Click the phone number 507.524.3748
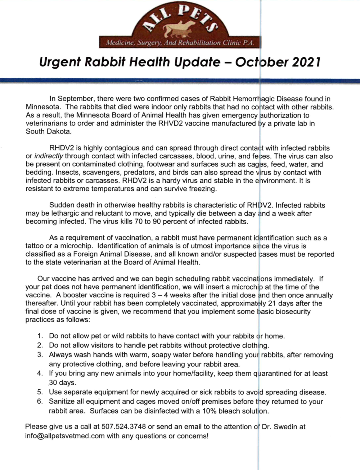(124, 427)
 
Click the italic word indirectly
(49, 156)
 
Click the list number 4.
(40, 374)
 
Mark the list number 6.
(40, 401)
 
